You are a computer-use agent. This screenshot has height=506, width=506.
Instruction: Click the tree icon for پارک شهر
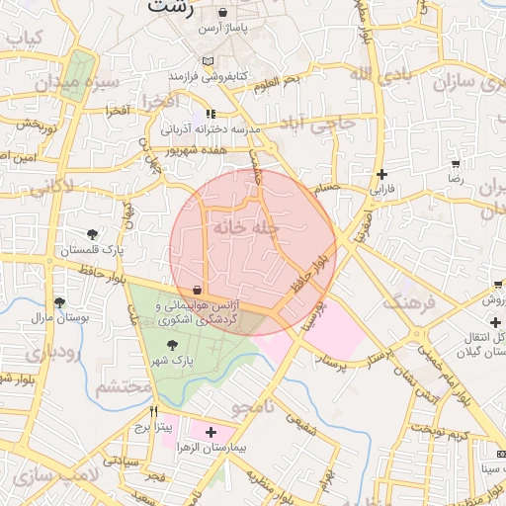174,345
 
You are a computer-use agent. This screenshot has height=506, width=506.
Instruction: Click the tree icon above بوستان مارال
59,302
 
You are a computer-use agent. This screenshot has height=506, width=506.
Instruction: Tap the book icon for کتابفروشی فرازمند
207,61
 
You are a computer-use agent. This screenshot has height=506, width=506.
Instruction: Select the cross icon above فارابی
381,173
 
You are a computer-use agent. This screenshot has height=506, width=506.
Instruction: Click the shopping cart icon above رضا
455,164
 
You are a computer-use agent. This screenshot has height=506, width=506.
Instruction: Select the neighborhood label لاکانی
44,185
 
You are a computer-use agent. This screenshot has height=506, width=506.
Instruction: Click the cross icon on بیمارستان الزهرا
211,432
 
